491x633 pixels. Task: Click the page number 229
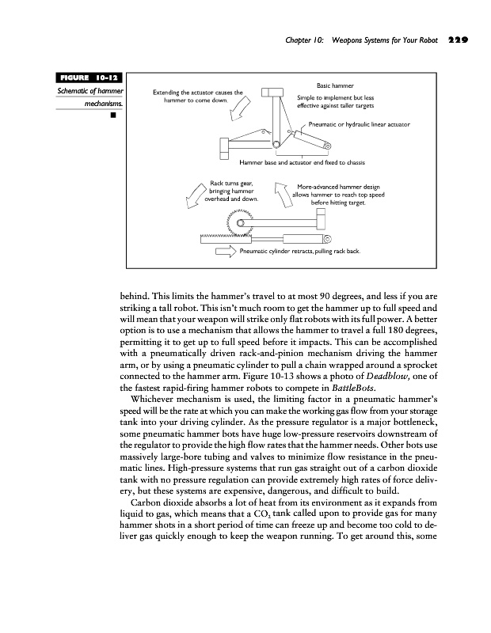coord(457,38)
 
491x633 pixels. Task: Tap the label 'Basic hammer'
coord(335,85)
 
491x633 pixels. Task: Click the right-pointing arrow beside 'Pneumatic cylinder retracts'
coord(226,252)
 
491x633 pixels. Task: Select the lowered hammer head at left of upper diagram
coord(223,146)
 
